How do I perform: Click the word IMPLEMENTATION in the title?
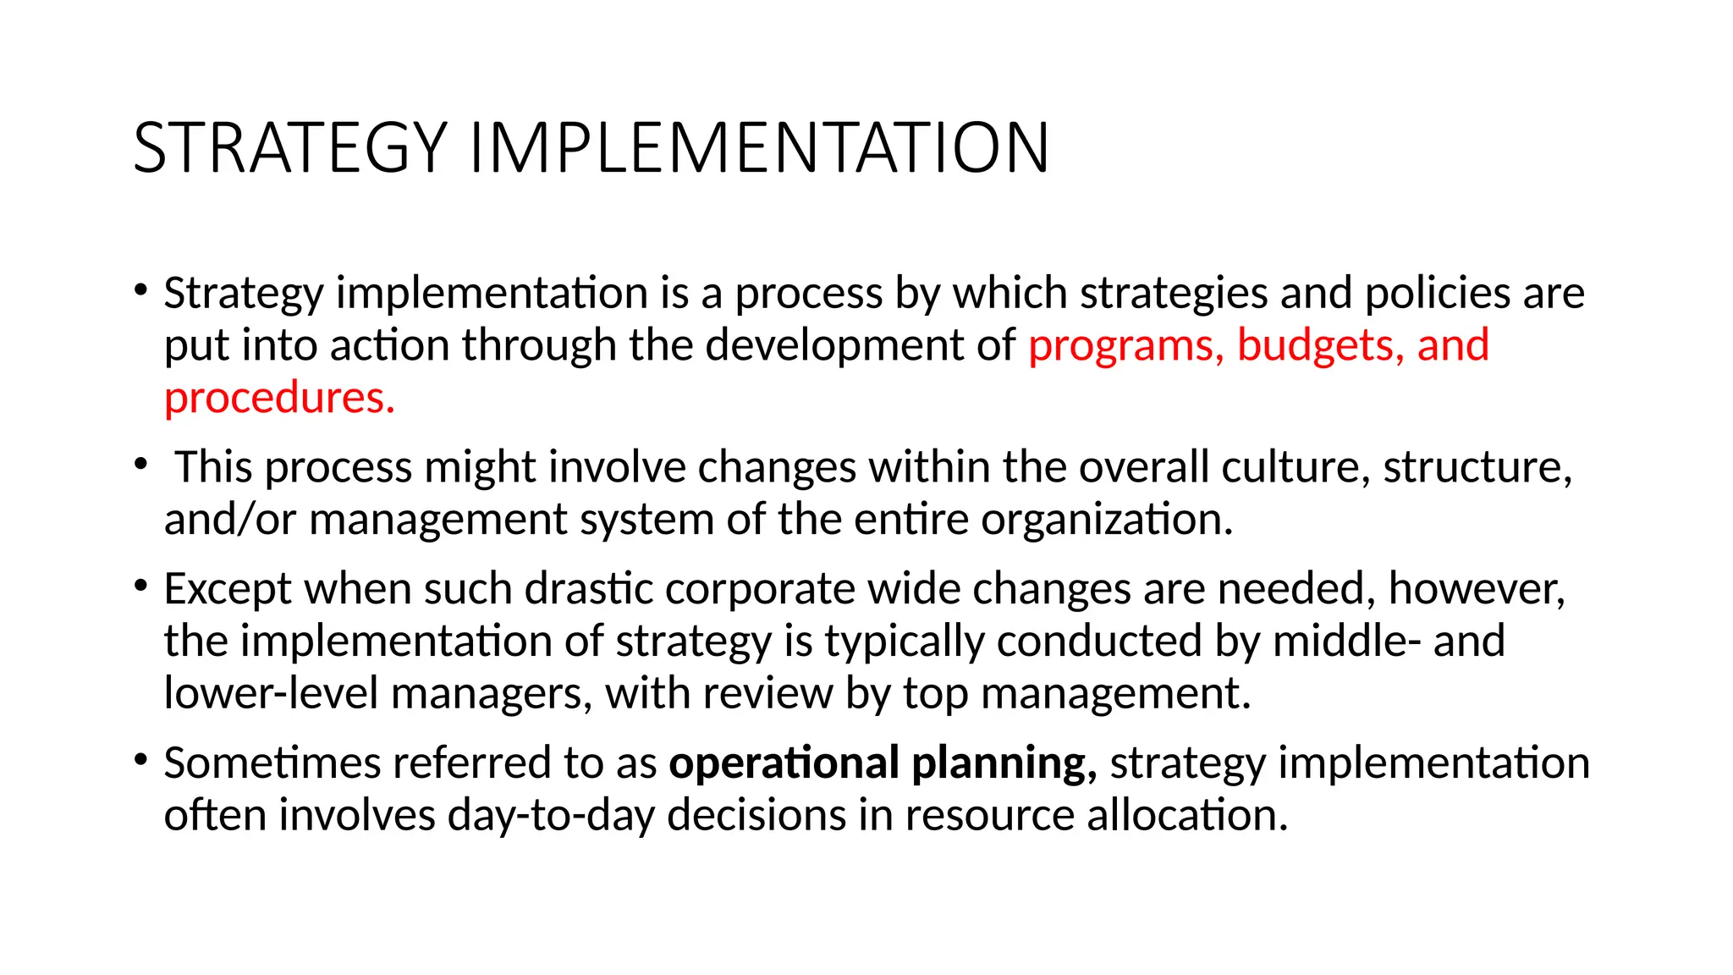tap(759, 148)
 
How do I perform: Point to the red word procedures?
tap(279, 399)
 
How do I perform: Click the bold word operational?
tap(784, 763)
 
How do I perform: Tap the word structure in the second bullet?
tap(1477, 468)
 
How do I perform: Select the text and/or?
tap(229, 520)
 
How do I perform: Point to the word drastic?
tap(589, 589)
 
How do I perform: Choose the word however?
tap(1477, 589)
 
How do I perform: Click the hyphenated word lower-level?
tap(271, 693)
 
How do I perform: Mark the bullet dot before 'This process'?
tap(140, 464)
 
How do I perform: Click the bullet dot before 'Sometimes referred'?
tap(140, 759)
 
